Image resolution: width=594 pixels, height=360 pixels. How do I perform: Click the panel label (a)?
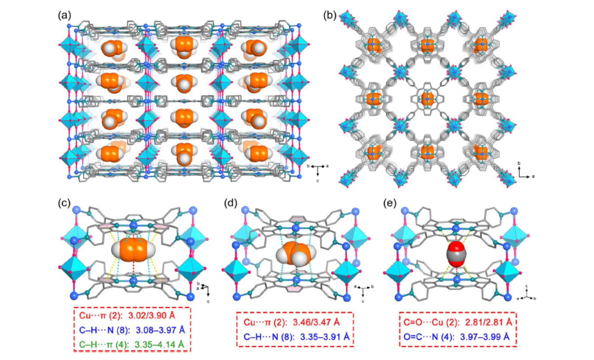pyautogui.click(x=64, y=16)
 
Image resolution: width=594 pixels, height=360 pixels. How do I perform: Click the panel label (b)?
pyautogui.click(x=330, y=16)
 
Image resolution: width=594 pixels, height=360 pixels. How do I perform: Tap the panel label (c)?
pyautogui.click(x=64, y=203)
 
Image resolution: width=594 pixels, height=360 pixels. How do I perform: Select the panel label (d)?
pyautogui.click(x=231, y=203)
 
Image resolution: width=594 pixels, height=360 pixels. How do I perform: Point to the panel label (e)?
pyautogui.click(x=390, y=203)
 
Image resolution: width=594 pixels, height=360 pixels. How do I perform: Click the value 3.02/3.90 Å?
pyautogui.click(x=152, y=316)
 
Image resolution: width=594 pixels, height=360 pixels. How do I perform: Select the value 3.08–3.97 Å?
pyautogui.click(x=160, y=330)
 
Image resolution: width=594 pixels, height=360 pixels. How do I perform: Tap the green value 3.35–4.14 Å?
pyautogui.click(x=159, y=344)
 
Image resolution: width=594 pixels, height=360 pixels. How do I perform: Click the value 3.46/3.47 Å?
pyautogui.click(x=317, y=322)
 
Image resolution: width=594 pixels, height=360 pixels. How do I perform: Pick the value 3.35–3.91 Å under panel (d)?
pyautogui.click(x=325, y=337)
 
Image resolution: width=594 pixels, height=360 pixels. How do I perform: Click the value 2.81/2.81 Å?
pyautogui.click(x=489, y=322)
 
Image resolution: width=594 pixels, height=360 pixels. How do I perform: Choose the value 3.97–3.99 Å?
pyautogui.click(x=485, y=337)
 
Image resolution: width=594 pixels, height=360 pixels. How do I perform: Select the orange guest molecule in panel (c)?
pyautogui.click(x=134, y=250)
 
